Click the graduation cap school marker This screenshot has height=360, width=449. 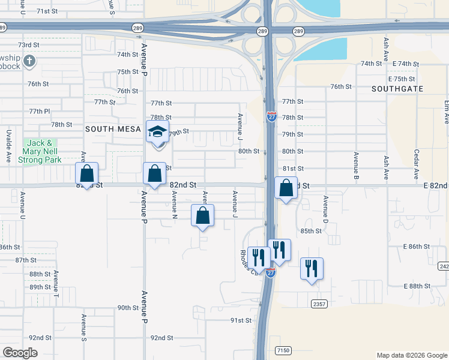[x=157, y=132]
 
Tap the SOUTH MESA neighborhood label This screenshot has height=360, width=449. [x=108, y=129]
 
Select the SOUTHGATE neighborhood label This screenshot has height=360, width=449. [x=397, y=89]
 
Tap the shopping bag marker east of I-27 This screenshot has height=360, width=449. [x=286, y=188]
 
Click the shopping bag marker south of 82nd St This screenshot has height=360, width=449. [x=202, y=215]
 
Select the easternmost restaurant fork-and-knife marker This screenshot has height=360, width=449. [x=312, y=268]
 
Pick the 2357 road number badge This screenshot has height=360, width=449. [x=319, y=304]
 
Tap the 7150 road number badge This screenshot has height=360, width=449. [x=283, y=350]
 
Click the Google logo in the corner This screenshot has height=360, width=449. [x=20, y=353]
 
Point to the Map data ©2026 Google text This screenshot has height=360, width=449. [x=412, y=355]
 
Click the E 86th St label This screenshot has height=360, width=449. [x=417, y=247]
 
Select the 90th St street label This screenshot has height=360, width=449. [x=128, y=308]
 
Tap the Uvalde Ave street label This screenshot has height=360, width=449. [x=9, y=154]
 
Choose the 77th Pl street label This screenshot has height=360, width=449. [x=40, y=111]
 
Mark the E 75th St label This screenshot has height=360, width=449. [x=402, y=79]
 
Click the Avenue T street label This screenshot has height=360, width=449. [x=56, y=284]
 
